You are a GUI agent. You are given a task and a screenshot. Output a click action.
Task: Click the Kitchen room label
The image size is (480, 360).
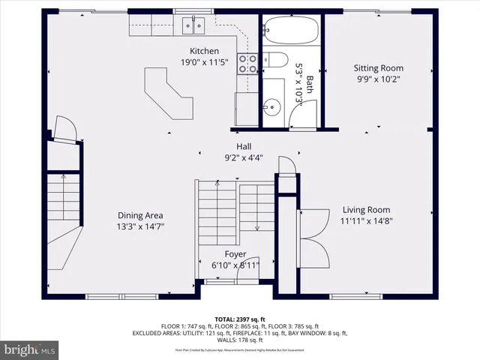click(204, 51)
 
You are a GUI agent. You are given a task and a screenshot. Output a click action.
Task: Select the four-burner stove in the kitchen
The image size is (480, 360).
click(247, 64)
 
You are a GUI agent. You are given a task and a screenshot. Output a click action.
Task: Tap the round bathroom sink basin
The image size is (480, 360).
click(271, 107)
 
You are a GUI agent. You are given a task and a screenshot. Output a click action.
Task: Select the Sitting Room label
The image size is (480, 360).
click(378, 68)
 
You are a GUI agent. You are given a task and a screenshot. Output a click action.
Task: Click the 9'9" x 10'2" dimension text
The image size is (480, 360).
click(378, 79)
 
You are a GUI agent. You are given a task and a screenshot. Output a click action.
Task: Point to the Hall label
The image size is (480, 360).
click(244, 146)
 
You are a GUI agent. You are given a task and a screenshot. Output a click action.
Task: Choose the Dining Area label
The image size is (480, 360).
click(140, 215)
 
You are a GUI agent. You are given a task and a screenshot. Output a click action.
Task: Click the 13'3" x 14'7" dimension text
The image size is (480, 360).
click(140, 226)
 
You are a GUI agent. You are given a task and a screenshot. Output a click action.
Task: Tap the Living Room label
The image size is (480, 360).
click(366, 210)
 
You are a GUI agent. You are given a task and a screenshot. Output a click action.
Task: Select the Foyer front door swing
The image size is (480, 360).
click(246, 274)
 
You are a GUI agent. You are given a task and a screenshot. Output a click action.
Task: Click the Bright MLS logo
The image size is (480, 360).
click(31, 349)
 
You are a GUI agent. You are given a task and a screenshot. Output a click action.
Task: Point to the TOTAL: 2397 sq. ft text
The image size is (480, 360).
click(239, 319)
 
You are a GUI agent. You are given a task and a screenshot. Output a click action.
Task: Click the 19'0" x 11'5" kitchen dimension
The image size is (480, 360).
click(204, 62)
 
